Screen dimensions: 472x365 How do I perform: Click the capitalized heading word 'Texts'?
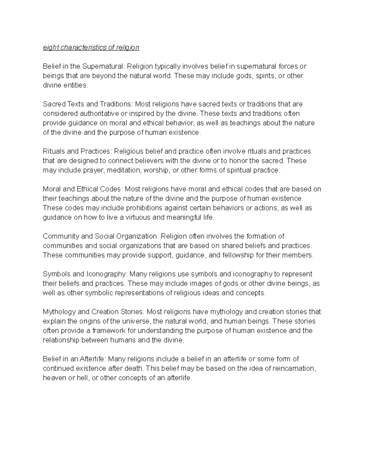coord(75,104)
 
